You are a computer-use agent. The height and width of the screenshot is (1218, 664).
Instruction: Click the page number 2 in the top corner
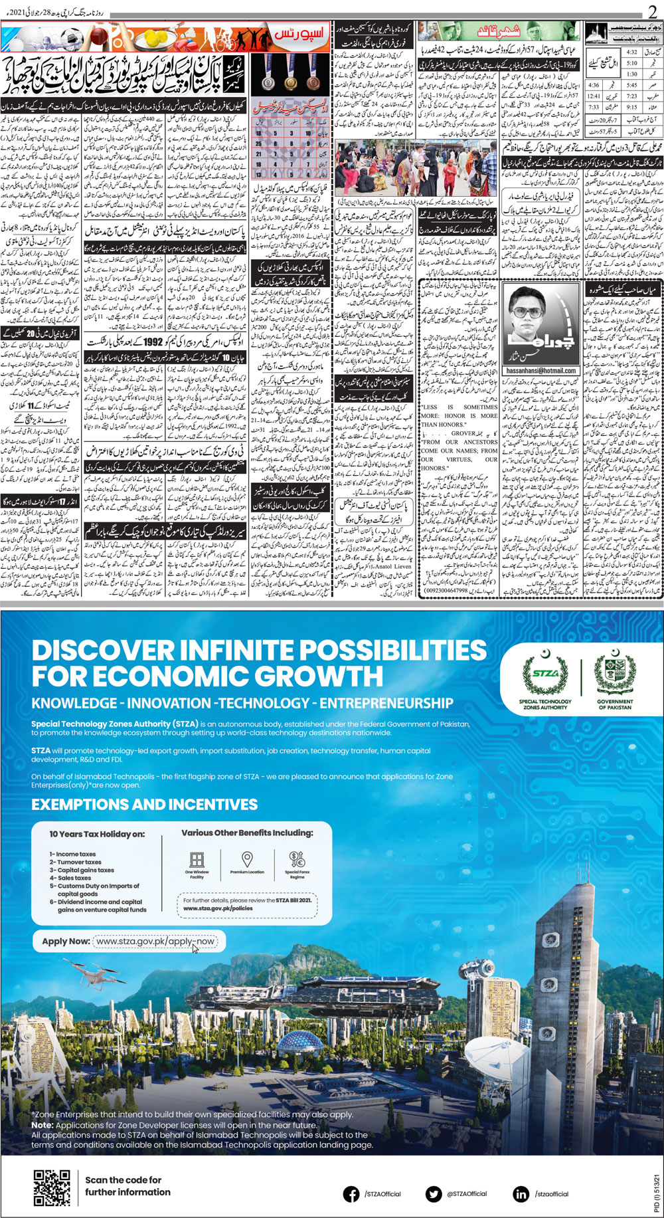coord(653,11)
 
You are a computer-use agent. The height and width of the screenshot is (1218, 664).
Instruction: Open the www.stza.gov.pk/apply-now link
coord(155,941)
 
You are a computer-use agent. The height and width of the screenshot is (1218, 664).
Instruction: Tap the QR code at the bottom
coord(52,1188)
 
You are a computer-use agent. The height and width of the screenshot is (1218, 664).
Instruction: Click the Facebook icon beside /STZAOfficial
coord(351,1194)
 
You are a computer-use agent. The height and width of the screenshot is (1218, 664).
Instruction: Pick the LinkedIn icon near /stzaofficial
coord(521,1194)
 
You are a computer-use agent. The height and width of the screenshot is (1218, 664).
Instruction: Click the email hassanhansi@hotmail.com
coord(540,371)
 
